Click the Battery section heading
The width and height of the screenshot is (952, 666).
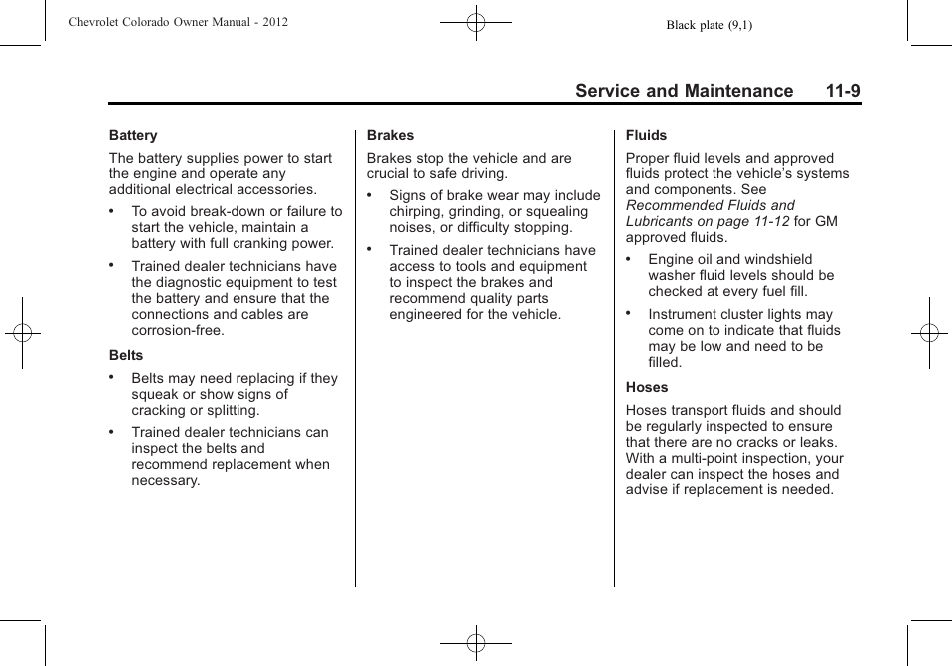133,136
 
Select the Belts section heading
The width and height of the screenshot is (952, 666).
126,356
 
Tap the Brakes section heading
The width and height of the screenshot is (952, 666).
390,136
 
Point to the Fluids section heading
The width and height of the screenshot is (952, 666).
646,136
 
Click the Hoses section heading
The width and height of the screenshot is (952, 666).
647,388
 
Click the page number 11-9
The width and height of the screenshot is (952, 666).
843,91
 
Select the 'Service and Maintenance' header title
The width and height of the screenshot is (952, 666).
684,91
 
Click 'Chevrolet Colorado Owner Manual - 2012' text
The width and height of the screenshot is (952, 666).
179,21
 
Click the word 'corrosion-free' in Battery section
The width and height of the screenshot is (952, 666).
177,330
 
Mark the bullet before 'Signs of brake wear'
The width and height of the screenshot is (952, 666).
369,196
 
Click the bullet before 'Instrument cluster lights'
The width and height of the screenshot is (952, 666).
629,313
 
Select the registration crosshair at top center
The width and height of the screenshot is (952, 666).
476,22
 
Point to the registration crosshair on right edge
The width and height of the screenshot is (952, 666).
929,333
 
